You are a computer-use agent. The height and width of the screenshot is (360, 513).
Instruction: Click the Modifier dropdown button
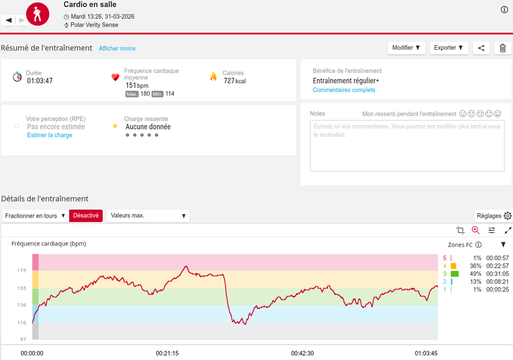(406, 48)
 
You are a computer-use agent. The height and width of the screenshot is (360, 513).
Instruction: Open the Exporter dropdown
(448, 48)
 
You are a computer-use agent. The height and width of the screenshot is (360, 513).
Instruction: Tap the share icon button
(481, 48)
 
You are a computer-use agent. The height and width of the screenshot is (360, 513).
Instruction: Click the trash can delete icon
(502, 48)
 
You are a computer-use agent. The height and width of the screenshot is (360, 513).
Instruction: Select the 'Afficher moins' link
(117, 49)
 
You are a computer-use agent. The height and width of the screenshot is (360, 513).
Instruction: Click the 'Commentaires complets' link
(344, 90)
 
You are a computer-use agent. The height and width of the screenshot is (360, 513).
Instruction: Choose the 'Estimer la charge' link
(50, 135)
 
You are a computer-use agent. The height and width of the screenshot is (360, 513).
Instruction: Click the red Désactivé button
(86, 216)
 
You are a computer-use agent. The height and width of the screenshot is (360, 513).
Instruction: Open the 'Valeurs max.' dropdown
(148, 216)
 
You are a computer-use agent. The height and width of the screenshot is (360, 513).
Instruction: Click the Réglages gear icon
(507, 216)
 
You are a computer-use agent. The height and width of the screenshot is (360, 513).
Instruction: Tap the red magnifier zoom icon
(476, 230)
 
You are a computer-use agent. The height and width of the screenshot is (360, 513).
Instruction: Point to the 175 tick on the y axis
(22, 271)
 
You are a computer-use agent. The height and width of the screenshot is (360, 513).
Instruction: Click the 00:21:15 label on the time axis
(167, 353)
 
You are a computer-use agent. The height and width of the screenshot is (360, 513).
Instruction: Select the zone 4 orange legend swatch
(453, 266)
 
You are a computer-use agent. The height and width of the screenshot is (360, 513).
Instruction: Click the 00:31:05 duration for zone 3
(497, 274)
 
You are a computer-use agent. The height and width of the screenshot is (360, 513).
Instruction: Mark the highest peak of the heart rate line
(186, 266)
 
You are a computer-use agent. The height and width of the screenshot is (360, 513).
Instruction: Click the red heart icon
(115, 77)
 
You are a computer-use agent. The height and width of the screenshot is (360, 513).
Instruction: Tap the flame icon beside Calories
(213, 77)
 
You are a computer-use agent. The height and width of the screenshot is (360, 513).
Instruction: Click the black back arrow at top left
(9, 21)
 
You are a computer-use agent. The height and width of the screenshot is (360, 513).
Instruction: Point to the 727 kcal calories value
(234, 81)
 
